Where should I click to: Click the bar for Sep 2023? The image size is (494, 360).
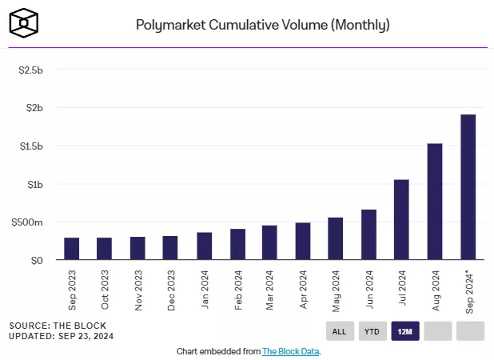click(72, 249)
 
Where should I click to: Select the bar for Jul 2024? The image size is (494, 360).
click(401, 220)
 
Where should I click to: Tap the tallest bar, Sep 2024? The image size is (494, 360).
click(468, 187)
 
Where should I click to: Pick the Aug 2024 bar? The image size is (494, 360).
click(435, 202)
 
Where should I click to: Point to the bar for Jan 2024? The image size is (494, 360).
click(204, 246)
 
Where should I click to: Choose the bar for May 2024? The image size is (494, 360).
click(336, 238)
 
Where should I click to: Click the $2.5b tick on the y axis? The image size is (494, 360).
click(30, 70)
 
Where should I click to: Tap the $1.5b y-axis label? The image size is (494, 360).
click(30, 146)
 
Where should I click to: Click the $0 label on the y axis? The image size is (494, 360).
click(36, 260)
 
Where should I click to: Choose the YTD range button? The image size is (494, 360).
click(372, 331)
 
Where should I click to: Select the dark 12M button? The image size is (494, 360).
click(405, 331)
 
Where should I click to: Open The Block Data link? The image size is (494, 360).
click(291, 351)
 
